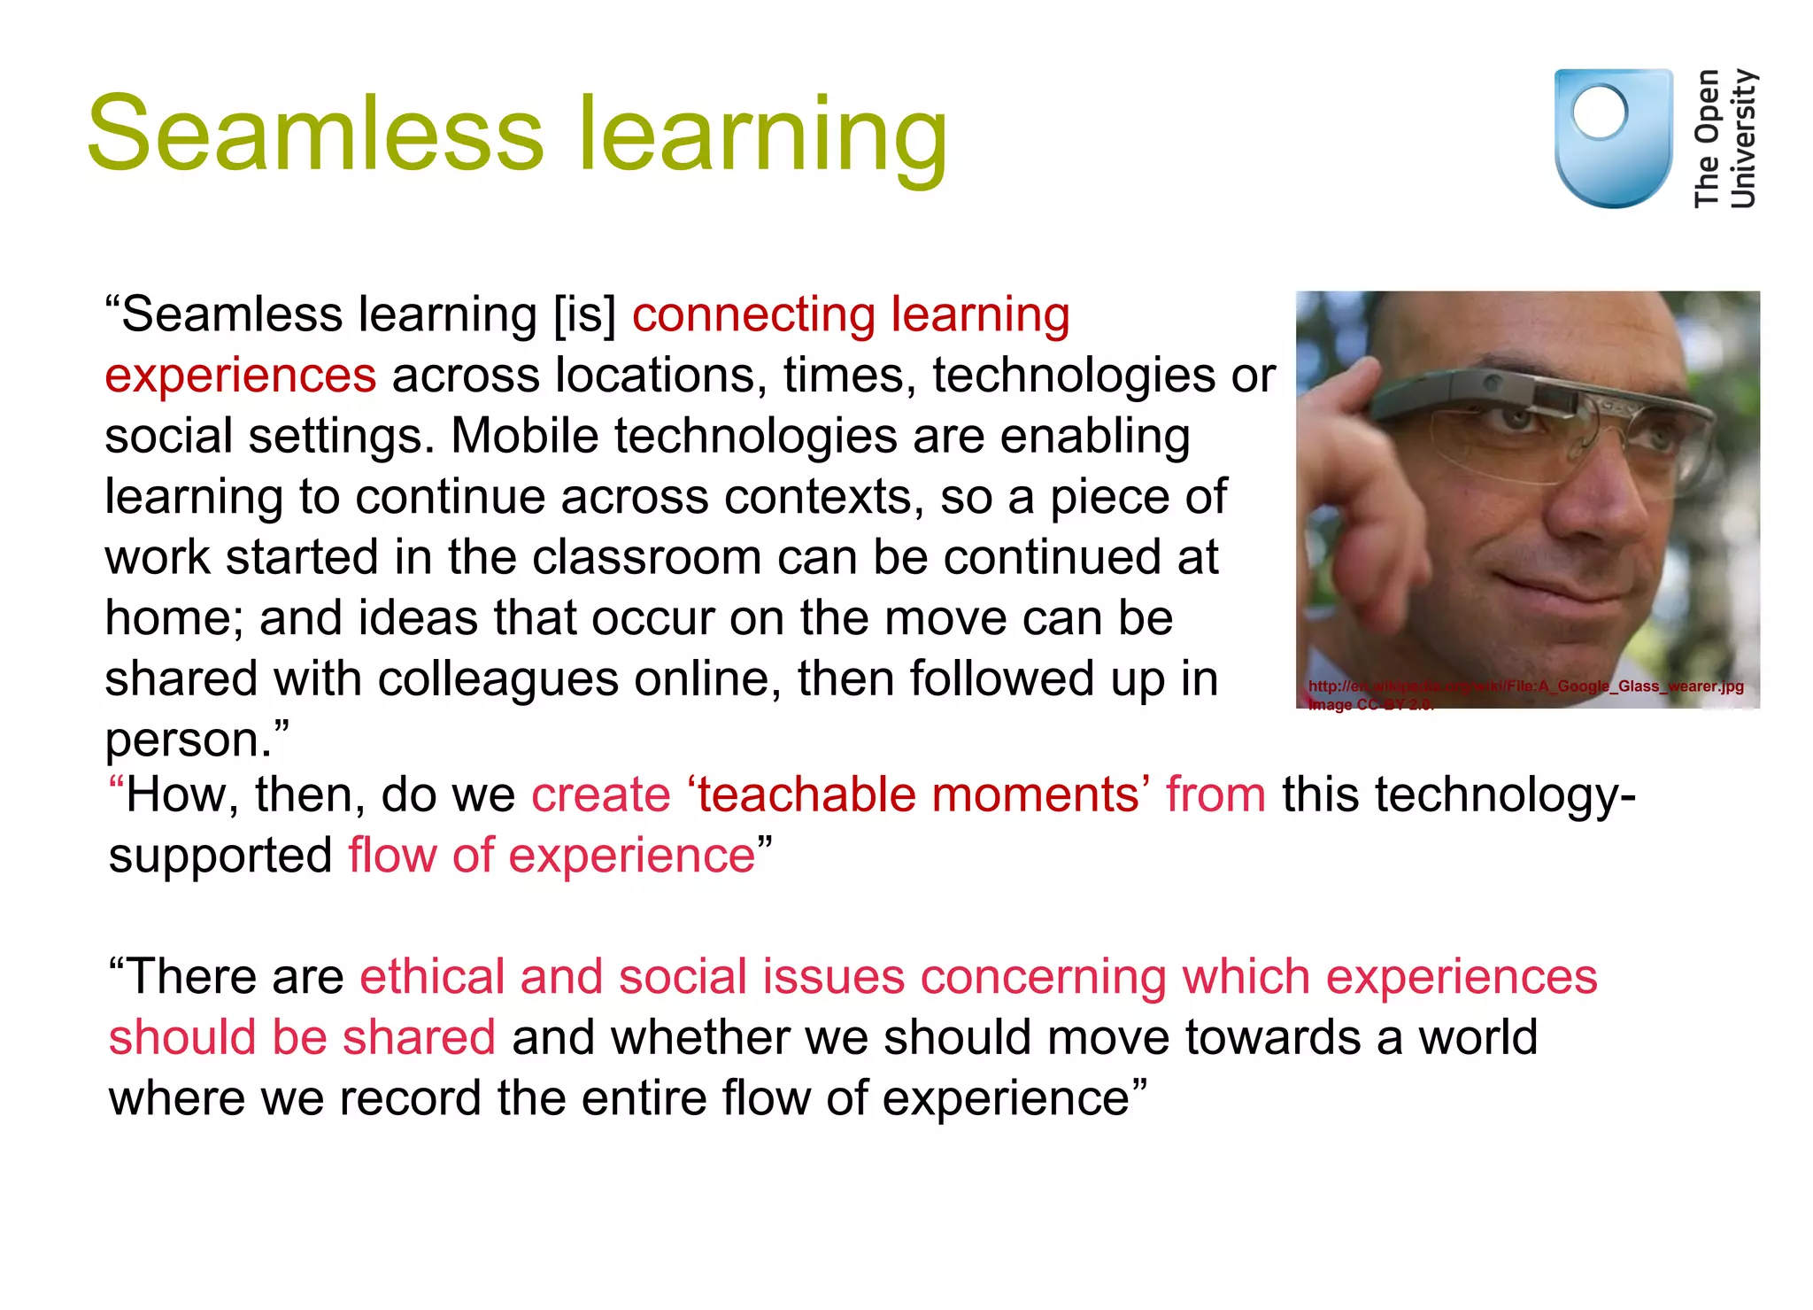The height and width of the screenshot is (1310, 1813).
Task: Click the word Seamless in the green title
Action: pos(315,135)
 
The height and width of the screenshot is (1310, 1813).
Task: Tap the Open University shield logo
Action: pos(1613,138)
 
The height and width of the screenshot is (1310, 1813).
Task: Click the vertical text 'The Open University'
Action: pos(1724,139)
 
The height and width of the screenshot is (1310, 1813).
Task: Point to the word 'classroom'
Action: pos(647,557)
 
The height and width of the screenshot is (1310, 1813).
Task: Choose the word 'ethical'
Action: pos(432,977)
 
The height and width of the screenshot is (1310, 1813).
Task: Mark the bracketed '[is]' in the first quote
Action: pos(585,315)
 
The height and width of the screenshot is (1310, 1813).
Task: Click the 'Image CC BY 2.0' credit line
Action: pos(1369,705)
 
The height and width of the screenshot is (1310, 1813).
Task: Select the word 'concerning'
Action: pos(1043,977)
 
